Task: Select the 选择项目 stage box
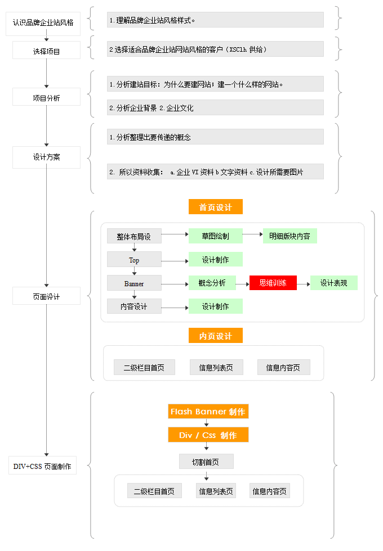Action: tap(46, 51)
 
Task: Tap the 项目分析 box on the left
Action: tap(46, 97)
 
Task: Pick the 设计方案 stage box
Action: tap(46, 157)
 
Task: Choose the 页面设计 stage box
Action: tap(46, 296)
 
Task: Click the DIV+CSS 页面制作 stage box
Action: tap(43, 466)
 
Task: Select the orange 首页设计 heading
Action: tap(216, 207)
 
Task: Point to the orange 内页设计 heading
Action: tap(216, 336)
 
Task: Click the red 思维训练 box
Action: tap(273, 283)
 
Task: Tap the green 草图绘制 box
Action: tap(216, 236)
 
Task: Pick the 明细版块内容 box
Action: tap(290, 236)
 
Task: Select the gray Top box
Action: tap(134, 260)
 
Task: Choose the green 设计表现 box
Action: tap(334, 283)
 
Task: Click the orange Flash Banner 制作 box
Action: tap(208, 412)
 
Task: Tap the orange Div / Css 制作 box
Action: tap(208, 435)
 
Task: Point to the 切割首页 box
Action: tap(206, 462)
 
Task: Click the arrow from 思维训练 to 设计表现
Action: tap(304, 284)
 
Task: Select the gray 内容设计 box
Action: tap(134, 306)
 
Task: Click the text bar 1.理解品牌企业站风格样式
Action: tap(215, 20)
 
